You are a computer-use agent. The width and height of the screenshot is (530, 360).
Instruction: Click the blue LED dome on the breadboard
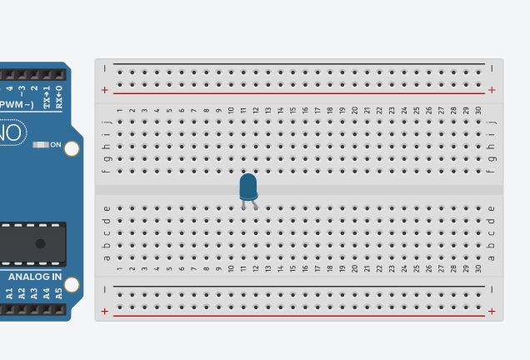[x=248, y=185]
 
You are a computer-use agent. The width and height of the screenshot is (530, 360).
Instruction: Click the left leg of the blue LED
[x=243, y=204]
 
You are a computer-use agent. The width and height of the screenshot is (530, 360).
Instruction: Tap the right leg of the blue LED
[x=254, y=204]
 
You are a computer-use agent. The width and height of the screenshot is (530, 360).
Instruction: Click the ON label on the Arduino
[x=56, y=145]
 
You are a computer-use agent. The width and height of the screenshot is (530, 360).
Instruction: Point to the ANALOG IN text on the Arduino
[x=35, y=277]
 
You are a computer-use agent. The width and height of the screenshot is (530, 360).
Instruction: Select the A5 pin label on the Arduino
[x=58, y=293]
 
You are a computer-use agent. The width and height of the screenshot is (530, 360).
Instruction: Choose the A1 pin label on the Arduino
[x=10, y=293]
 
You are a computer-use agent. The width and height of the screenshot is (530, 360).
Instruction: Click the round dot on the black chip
[x=40, y=243]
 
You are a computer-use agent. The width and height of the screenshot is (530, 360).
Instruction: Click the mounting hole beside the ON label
[x=72, y=149]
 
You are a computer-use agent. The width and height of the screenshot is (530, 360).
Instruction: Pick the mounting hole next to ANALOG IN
[x=72, y=285]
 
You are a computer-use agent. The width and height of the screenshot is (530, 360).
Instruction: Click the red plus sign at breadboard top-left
[x=105, y=89]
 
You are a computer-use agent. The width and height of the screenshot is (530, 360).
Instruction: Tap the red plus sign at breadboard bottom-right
[x=492, y=311]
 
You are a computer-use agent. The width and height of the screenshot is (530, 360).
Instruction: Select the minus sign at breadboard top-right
[x=492, y=67]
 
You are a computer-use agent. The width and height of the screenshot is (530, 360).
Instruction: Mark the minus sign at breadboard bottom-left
[x=105, y=289]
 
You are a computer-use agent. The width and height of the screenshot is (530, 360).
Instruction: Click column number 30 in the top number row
[x=478, y=110]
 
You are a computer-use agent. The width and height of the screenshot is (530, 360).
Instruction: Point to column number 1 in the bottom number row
[x=120, y=268]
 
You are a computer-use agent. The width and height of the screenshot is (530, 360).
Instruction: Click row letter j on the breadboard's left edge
[x=106, y=122]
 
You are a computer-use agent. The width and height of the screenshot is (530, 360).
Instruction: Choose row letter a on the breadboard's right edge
[x=492, y=257]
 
